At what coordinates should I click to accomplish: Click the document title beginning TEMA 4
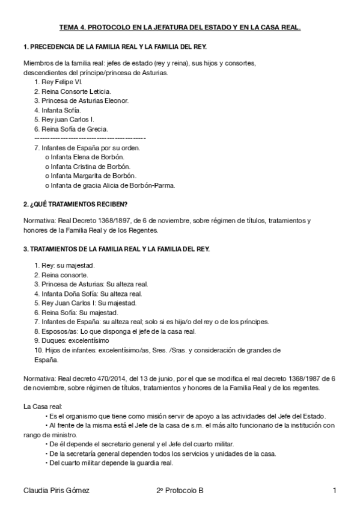180,28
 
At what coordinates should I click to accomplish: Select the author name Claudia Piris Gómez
56,491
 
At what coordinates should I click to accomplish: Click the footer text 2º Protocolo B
179,491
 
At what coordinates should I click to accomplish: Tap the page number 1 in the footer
334,491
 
